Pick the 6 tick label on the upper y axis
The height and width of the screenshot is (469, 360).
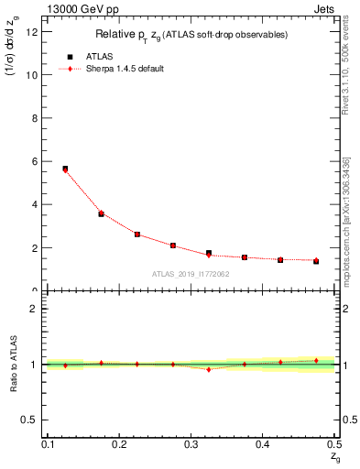[x=34, y=161]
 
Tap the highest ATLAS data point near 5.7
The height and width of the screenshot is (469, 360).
[x=65, y=169]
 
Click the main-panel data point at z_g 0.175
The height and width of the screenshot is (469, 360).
[x=101, y=213]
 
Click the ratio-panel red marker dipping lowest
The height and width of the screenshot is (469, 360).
[x=209, y=369]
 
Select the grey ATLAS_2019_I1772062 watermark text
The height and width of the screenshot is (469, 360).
[x=191, y=274]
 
